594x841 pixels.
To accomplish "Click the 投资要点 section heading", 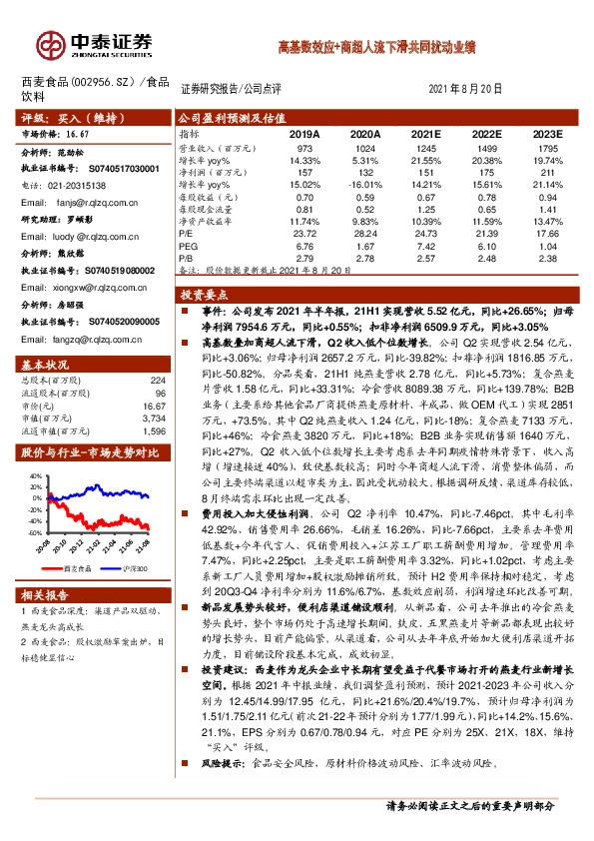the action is [x=204, y=296].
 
